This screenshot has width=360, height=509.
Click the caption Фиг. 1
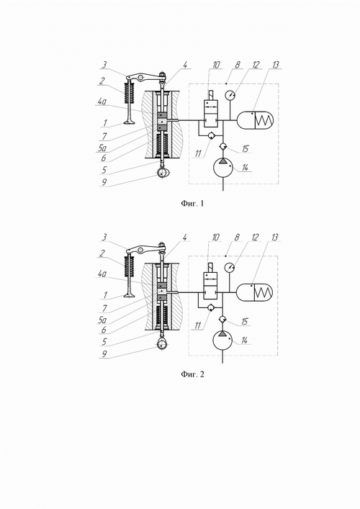pos(192,204)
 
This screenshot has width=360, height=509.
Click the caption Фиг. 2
pos(192,374)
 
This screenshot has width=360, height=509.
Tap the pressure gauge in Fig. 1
pos(230,96)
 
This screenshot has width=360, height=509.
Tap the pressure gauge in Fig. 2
pos(230,268)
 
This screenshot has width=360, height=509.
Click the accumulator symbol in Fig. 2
pos(255,292)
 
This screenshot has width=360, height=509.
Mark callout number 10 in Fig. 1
pos(216,65)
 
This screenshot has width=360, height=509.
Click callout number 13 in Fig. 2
pos(274,238)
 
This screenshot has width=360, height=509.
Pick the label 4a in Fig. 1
pos(102,102)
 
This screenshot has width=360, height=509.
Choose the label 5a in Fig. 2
pos(102,320)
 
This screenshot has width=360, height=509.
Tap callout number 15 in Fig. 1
pos(245,148)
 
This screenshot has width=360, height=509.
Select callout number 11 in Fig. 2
pos(198,325)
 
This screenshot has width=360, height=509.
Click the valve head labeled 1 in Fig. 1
pos(130,122)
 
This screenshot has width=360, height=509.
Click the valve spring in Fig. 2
pos(129,263)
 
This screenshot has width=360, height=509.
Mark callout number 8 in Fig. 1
pos(238,65)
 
